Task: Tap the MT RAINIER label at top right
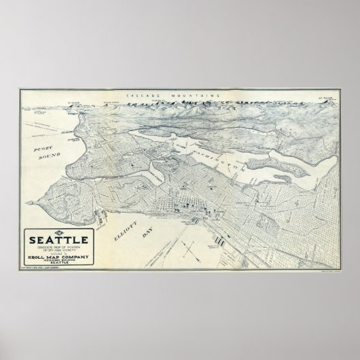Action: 323,98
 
